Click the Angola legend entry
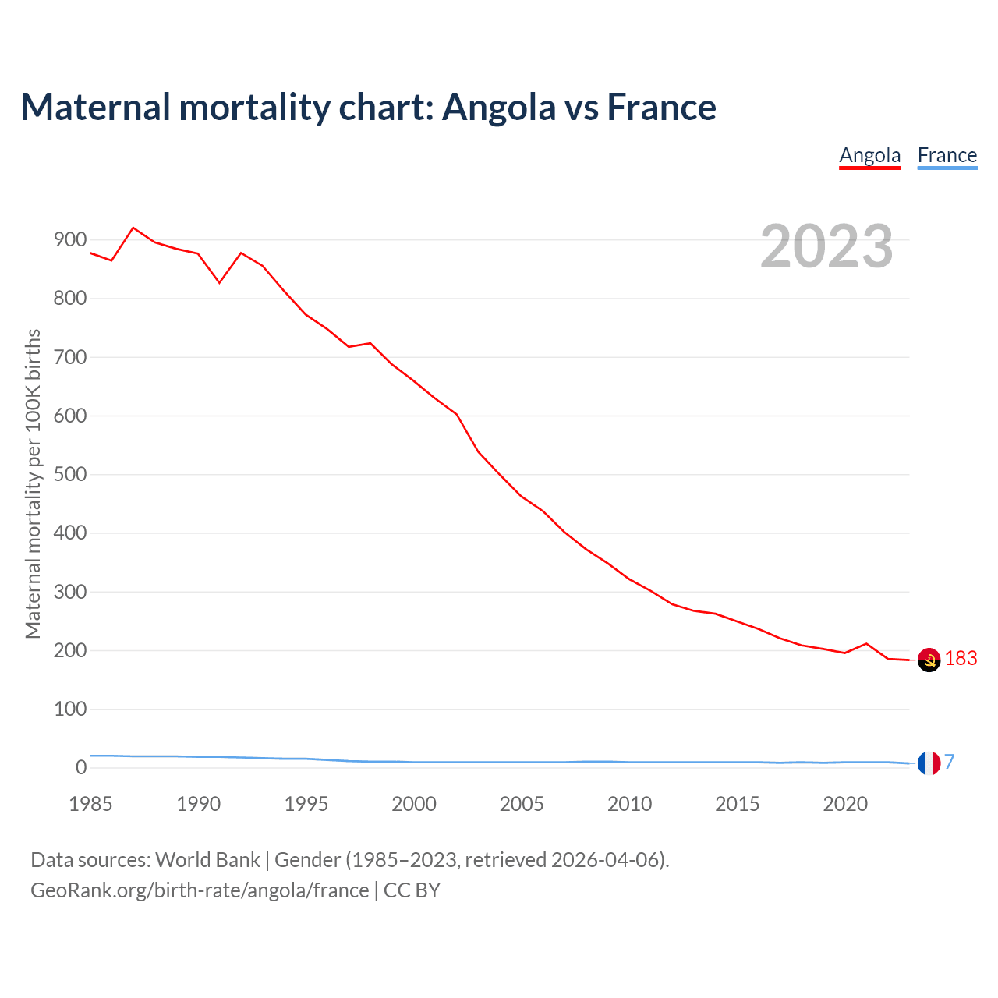pos(869,156)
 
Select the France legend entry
pos(947,156)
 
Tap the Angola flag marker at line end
pos(929,660)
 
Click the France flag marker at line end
pos(929,763)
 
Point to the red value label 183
pos(961,659)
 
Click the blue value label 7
pos(950,763)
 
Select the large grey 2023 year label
pos(826,246)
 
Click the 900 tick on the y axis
pos(69,240)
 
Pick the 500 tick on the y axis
pos(69,475)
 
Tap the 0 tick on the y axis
pos(81,768)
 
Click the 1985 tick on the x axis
pos(90,804)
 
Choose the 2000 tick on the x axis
pos(414,804)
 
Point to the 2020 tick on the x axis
pos(845,804)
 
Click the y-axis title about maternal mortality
pos(33,483)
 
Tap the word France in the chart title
pos(661,108)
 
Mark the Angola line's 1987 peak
pos(133,228)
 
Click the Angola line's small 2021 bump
pos(866,643)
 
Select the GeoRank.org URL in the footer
pos(200,890)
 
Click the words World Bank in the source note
pos(207,860)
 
